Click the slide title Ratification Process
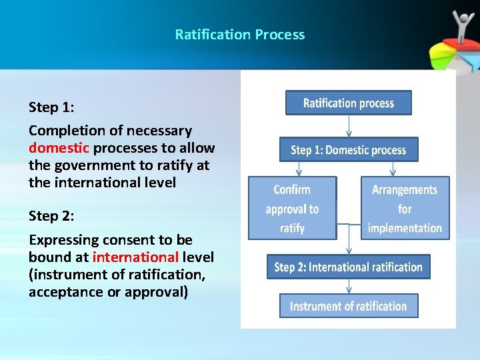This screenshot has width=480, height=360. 239,35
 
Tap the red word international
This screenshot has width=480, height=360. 135,257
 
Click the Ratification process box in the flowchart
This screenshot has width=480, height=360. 348,103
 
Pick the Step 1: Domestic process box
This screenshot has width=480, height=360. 348,150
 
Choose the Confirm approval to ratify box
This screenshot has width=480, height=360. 292,208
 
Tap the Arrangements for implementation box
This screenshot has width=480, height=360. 405,208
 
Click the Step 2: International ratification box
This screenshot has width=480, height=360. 348,267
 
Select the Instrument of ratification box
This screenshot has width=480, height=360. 348,306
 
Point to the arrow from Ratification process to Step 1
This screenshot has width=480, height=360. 349,127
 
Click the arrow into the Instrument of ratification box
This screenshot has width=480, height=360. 349,287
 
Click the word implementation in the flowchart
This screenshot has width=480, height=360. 405,228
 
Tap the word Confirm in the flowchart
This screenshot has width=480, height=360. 292,190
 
